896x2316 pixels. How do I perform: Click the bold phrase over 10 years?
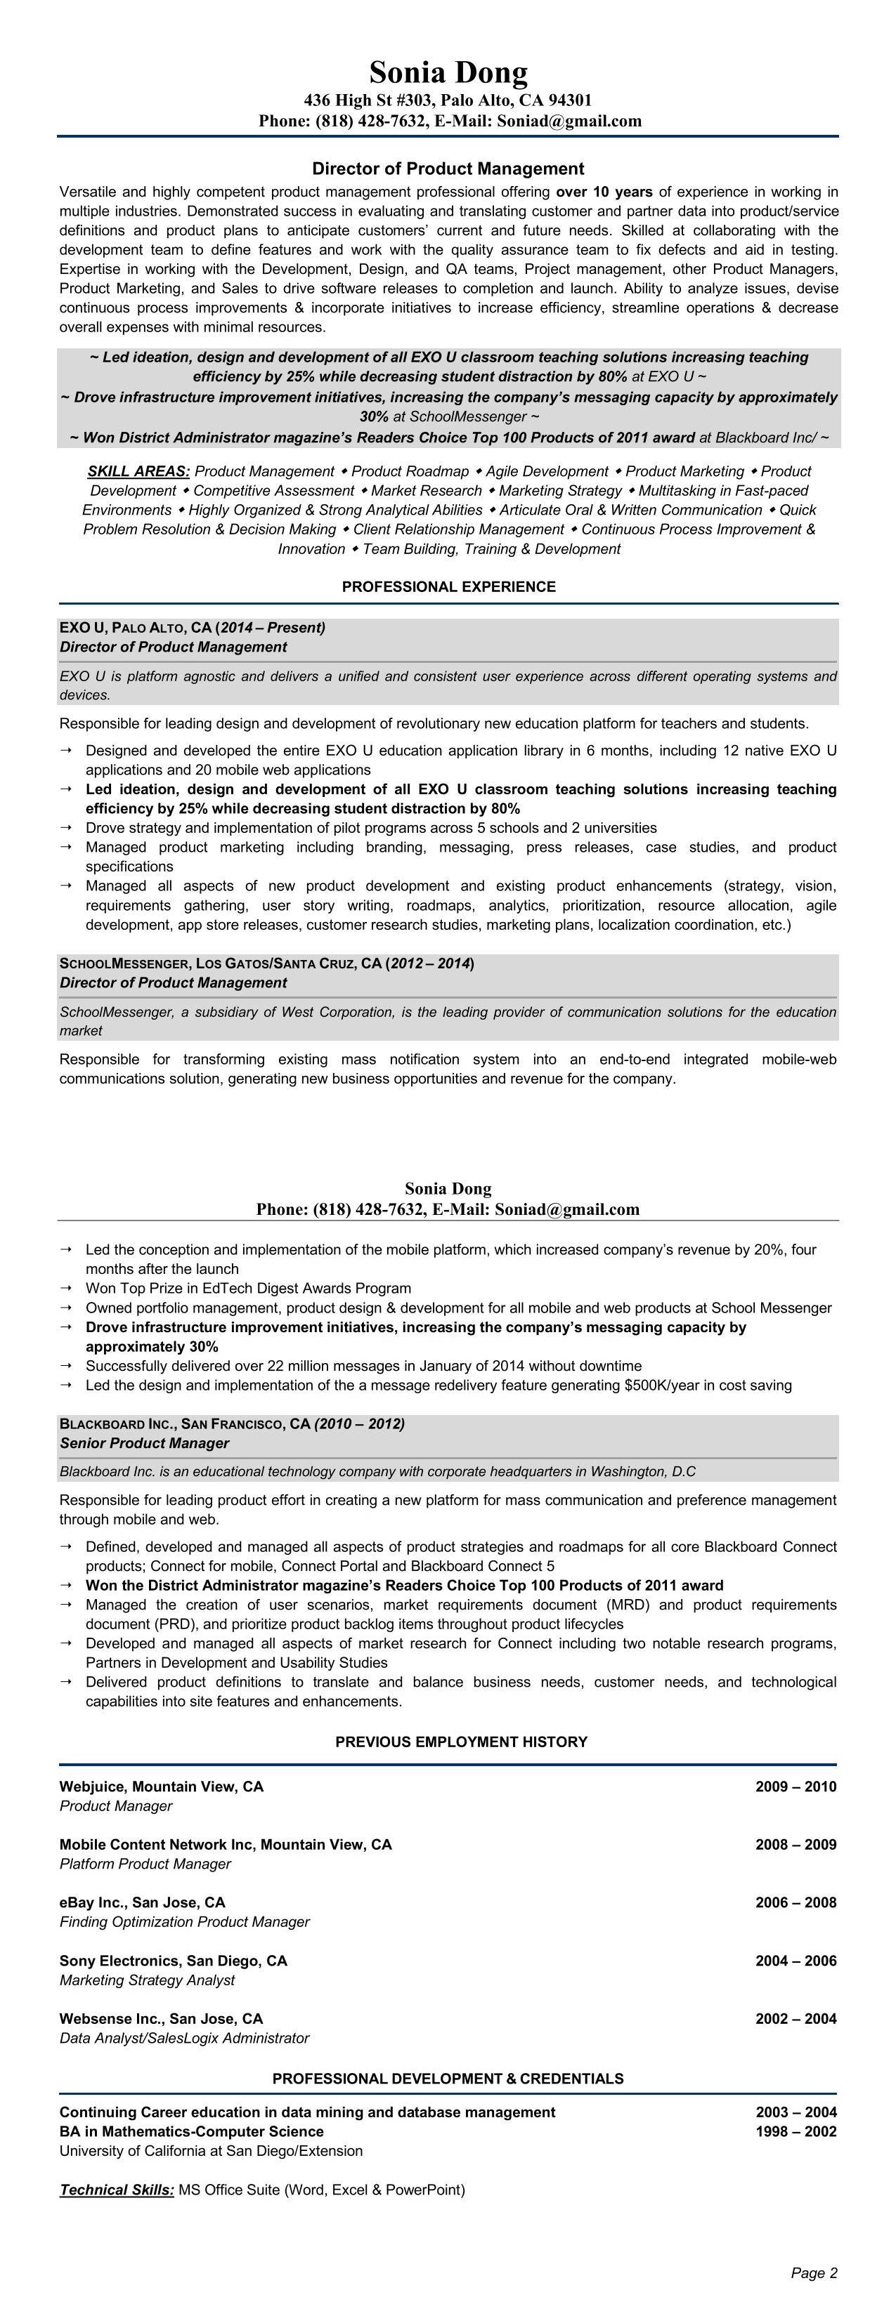(604, 192)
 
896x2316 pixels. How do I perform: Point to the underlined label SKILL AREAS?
(138, 471)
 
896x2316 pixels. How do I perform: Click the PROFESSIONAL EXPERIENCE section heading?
(448, 587)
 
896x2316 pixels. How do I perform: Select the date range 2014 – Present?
(273, 628)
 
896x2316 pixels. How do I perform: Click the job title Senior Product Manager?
(144, 1443)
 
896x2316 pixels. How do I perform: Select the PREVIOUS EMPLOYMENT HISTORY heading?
(460, 1742)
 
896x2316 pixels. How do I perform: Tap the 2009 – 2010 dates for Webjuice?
(796, 1787)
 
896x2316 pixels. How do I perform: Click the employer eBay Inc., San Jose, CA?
(142, 1902)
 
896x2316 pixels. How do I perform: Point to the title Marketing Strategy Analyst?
(147, 1980)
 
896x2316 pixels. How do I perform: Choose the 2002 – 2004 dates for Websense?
(796, 2018)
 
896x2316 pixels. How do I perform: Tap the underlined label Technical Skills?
(117, 2189)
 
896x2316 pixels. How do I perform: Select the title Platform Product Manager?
(145, 1864)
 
